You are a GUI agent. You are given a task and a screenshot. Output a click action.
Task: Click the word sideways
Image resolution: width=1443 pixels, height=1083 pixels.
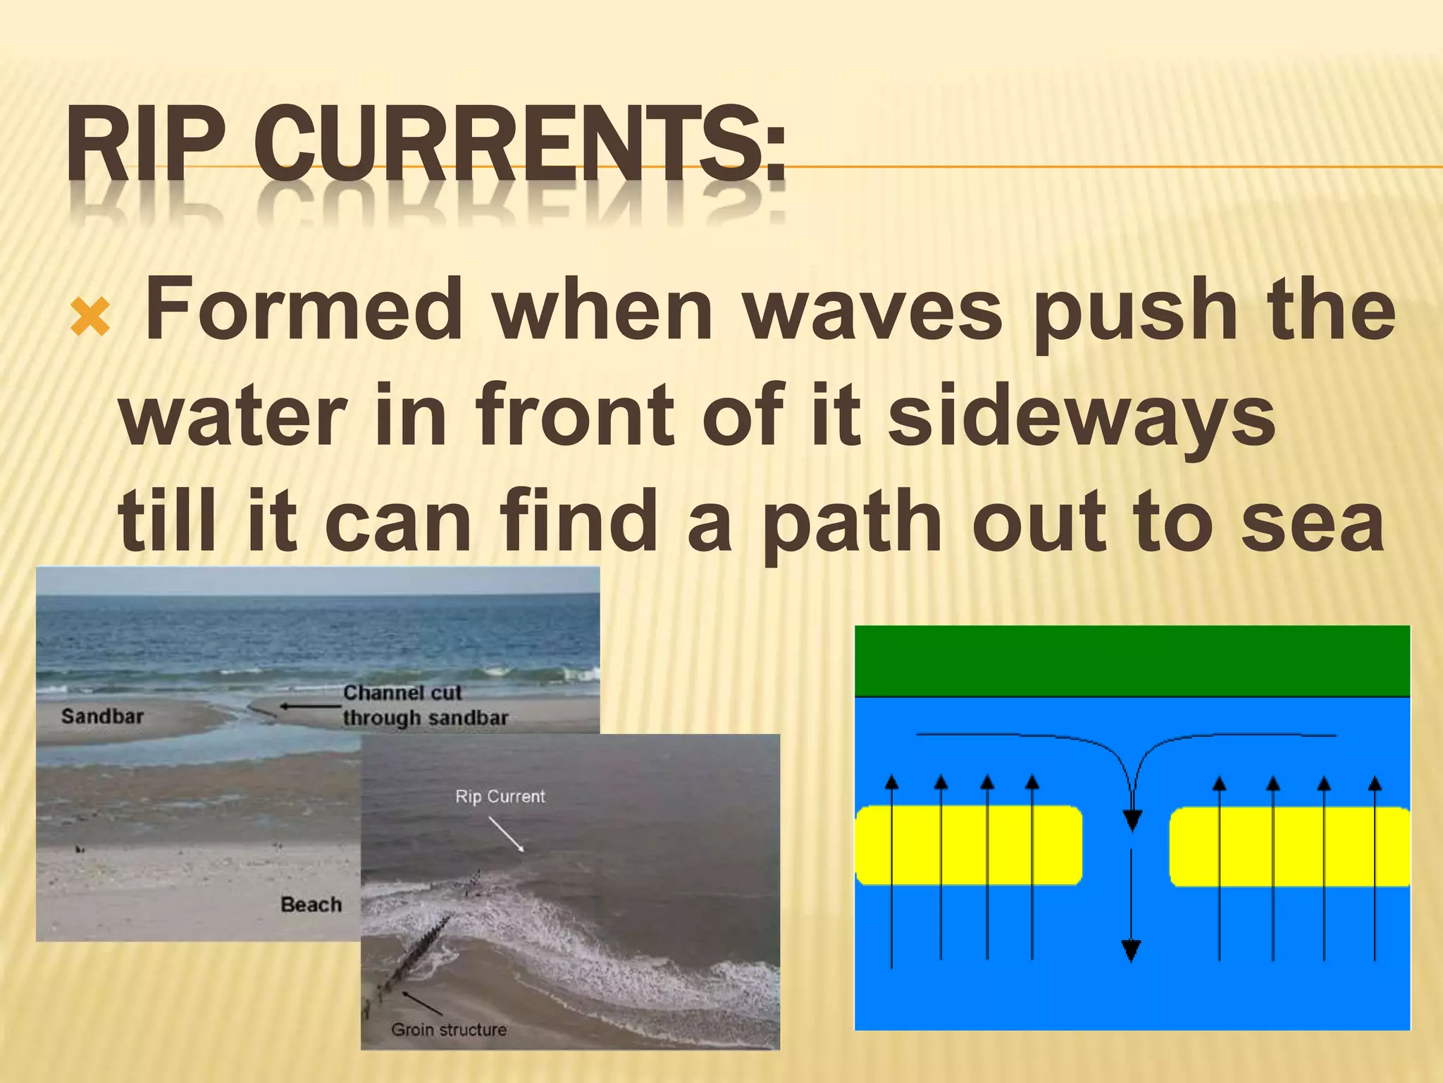pyautogui.click(x=1082, y=416)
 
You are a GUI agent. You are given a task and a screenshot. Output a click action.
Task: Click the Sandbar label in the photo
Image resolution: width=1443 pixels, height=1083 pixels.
pyautogui.click(x=102, y=716)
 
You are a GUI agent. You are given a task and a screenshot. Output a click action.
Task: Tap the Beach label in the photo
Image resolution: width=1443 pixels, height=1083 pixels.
pyautogui.click(x=311, y=905)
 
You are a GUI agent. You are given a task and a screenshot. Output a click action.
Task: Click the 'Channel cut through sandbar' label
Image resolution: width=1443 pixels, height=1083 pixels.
pyautogui.click(x=424, y=705)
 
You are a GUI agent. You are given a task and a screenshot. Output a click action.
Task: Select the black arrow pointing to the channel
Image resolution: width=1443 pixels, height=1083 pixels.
pyautogui.click(x=310, y=706)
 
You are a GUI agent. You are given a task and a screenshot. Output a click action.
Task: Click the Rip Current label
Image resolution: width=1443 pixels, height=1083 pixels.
pyautogui.click(x=500, y=797)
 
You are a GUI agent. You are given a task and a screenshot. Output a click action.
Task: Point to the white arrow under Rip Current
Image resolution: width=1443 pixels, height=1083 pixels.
pyautogui.click(x=507, y=835)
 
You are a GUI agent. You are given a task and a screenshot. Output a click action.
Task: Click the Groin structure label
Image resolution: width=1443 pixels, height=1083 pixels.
pyautogui.click(x=449, y=1029)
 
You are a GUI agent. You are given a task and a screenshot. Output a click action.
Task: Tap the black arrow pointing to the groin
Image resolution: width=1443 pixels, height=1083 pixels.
pyautogui.click(x=421, y=1003)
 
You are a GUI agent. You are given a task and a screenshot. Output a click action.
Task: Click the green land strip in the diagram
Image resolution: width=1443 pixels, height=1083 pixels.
pyautogui.click(x=1132, y=661)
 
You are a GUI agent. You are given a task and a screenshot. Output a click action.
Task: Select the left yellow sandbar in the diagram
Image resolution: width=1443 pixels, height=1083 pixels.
pyautogui.click(x=968, y=845)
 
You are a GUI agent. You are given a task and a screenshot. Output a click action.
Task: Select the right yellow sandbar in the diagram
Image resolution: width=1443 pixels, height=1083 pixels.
pyautogui.click(x=1289, y=846)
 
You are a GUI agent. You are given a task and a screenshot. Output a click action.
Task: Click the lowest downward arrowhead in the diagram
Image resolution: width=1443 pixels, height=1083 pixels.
pyautogui.click(x=1131, y=951)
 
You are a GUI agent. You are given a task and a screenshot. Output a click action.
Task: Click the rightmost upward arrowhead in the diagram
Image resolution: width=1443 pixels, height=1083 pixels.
pyautogui.click(x=1375, y=783)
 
